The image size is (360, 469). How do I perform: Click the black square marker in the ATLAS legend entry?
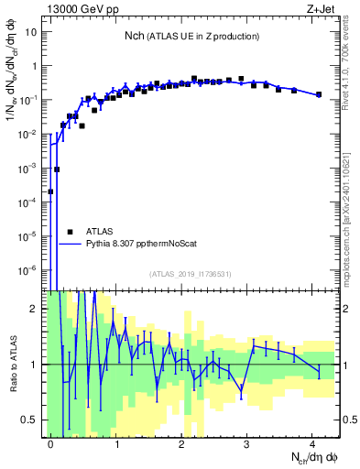click(70, 232)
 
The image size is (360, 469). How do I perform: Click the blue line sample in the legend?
click(70, 245)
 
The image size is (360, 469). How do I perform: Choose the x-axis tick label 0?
click(50, 442)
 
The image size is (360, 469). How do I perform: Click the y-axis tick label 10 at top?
click(30, 33)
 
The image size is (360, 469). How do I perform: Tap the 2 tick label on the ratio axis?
click(36, 309)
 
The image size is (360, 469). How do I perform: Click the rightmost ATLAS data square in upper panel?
click(319, 94)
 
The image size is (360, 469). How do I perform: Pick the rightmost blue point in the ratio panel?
click(319, 371)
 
